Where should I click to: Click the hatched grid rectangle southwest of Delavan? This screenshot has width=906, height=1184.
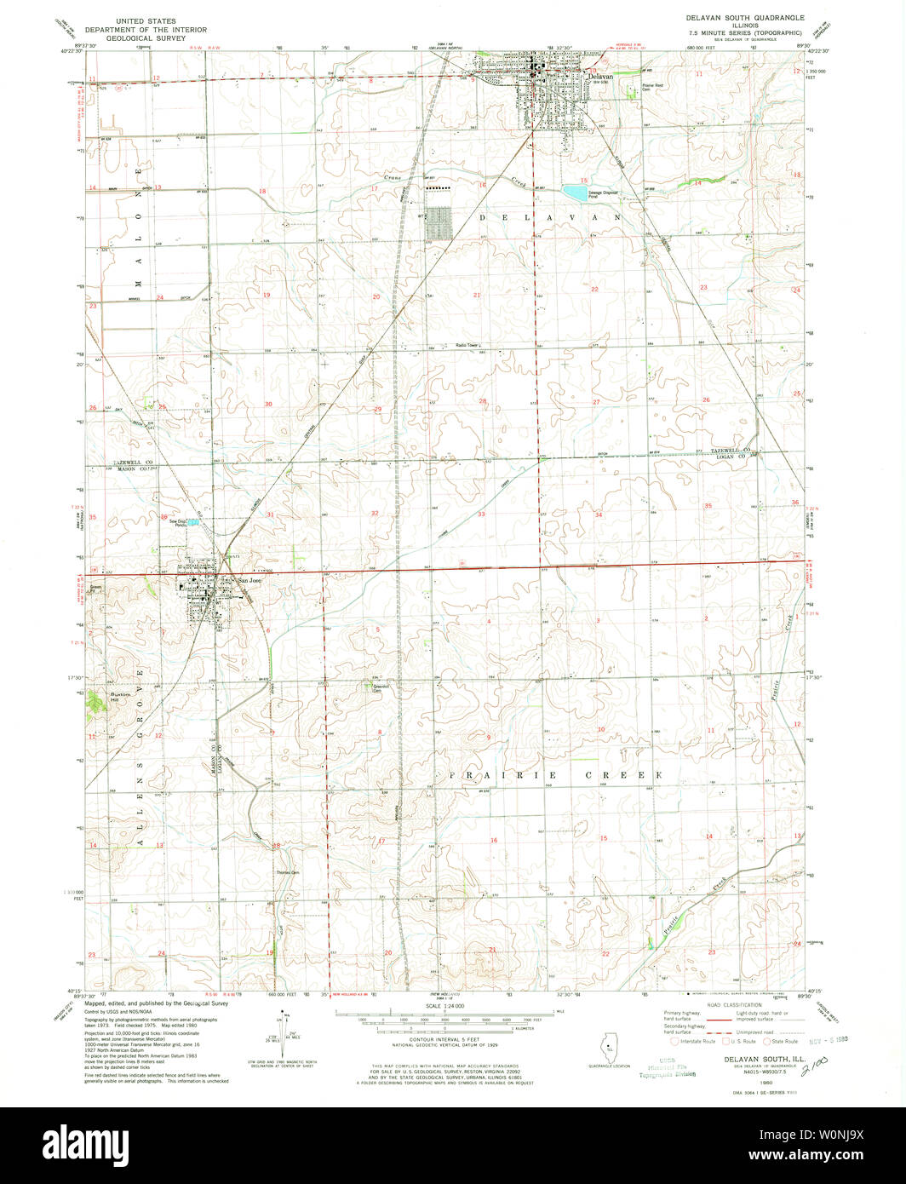[x=439, y=223]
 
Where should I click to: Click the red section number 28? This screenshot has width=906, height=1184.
[x=482, y=400]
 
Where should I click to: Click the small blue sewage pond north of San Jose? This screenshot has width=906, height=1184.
[x=194, y=523]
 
